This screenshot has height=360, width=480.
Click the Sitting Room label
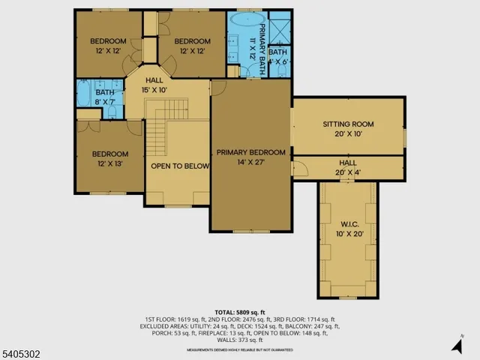pyautogui.click(x=348, y=124)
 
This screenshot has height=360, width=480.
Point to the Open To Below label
pyautogui.click(x=179, y=166)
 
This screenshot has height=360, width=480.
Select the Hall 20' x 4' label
pyautogui.click(x=348, y=167)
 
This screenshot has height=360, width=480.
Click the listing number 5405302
pyautogui.click(x=22, y=349)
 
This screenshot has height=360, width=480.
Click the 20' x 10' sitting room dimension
pyautogui.click(x=348, y=133)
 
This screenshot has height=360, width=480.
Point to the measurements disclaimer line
pyautogui.click(x=239, y=347)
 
